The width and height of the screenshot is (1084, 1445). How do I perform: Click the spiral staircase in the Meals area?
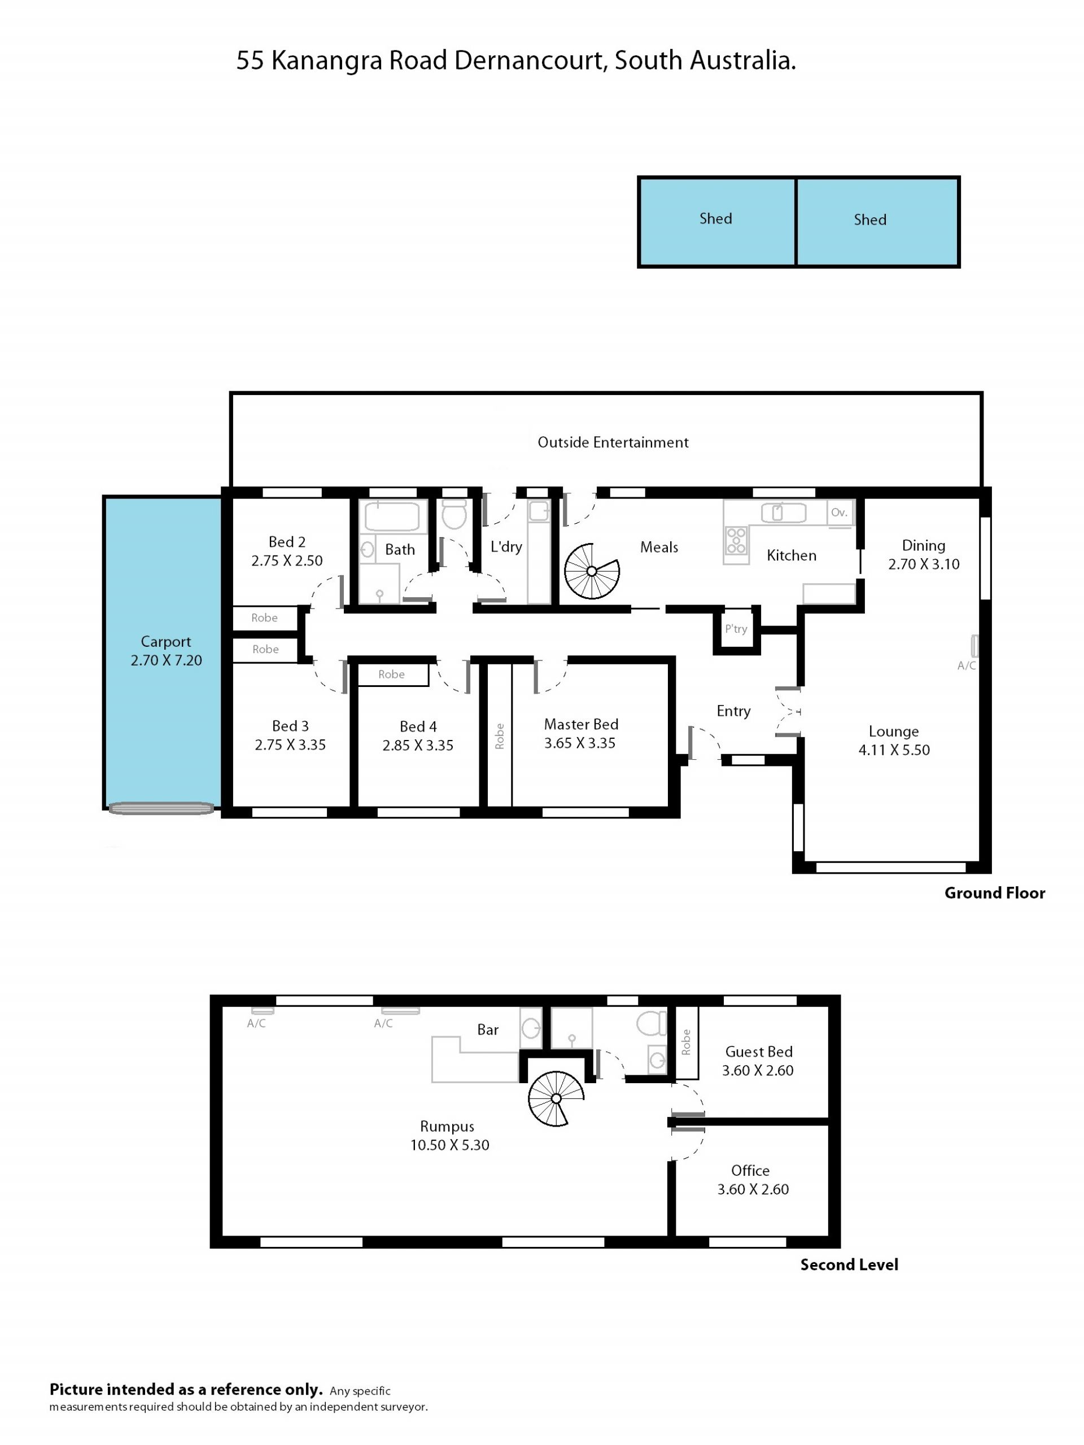(591, 571)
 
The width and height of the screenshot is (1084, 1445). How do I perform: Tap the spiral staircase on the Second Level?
(556, 1098)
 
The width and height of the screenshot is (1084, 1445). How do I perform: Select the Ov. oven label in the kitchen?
(839, 513)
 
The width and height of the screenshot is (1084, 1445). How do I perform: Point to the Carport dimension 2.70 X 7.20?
(166, 660)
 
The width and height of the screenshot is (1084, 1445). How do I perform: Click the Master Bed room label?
(581, 724)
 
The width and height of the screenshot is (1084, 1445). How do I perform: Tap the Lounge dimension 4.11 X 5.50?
(894, 750)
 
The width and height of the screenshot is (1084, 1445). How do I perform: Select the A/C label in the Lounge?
(967, 665)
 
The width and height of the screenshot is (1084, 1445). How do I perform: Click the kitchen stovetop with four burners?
(736, 541)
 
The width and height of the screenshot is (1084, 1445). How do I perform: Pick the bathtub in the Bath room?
(391, 516)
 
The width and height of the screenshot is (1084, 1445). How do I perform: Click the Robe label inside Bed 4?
(391, 674)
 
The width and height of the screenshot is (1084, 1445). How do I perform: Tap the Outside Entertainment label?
(613, 443)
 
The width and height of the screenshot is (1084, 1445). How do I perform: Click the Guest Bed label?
(759, 1052)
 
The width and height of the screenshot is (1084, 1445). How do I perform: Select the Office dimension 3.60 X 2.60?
(753, 1189)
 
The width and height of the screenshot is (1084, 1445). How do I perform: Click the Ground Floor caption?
(994, 893)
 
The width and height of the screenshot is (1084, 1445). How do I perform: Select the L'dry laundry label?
(506, 547)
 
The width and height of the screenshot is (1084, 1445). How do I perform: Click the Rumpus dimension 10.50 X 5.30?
(449, 1145)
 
